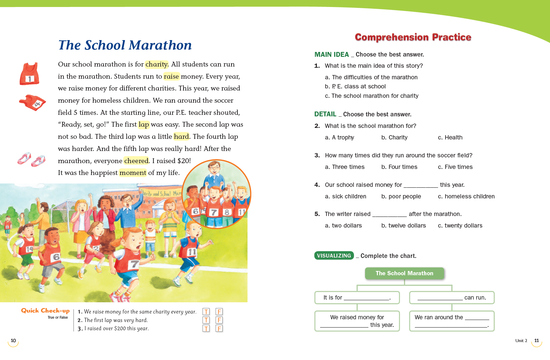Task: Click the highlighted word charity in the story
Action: point(156,64)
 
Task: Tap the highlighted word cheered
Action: point(136,161)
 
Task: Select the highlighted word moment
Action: point(133,173)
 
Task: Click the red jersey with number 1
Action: point(29,74)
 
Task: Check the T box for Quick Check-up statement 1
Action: point(206,312)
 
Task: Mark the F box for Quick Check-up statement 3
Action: point(219,328)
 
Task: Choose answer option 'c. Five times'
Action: point(455,167)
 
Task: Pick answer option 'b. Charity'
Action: point(394,137)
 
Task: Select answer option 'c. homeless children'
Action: point(466,196)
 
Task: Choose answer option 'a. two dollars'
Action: point(343,225)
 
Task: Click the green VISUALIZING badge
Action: point(334,256)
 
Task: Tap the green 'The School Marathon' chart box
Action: point(404,273)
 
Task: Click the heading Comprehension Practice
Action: point(413,37)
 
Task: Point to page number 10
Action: point(13,341)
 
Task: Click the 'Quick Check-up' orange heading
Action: point(45,310)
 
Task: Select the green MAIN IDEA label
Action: point(331,55)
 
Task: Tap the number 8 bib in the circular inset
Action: point(227,212)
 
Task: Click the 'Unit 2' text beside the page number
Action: point(521,341)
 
